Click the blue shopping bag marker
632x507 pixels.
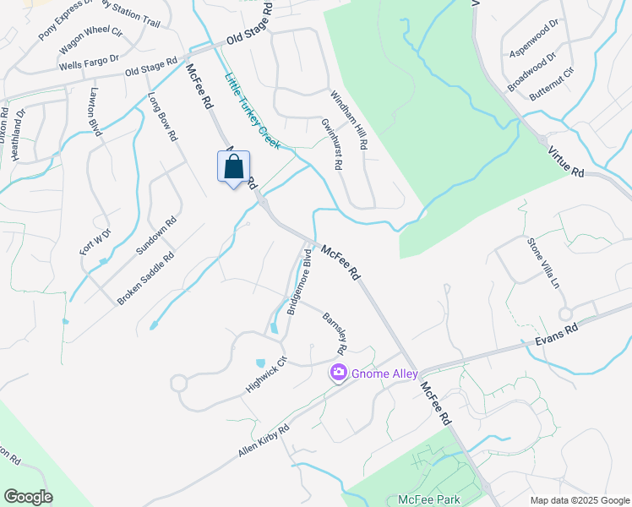coord(234,166)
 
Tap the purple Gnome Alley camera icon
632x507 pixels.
coord(339,372)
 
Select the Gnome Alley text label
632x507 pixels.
coord(381,372)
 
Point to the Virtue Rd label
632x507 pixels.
coord(565,160)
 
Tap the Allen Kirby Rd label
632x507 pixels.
coord(264,440)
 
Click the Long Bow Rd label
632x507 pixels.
coord(163,116)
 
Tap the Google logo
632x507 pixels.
coord(28,497)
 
